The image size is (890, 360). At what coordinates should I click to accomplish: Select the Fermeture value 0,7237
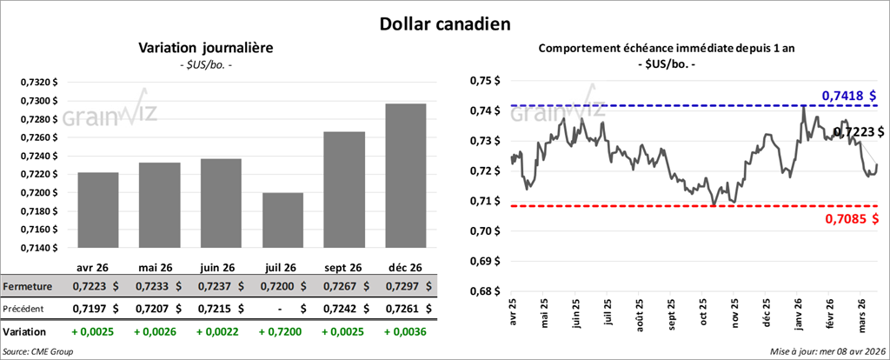click(215, 286)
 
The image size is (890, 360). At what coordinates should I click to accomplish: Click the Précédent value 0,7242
click(338, 308)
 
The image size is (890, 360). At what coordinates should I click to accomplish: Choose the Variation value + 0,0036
click(400, 332)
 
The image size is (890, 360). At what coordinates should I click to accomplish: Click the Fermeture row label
click(29, 286)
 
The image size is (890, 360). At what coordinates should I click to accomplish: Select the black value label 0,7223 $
click(859, 132)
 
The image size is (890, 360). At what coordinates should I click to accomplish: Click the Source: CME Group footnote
click(37, 351)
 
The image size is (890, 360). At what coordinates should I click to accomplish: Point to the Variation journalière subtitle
click(207, 49)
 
